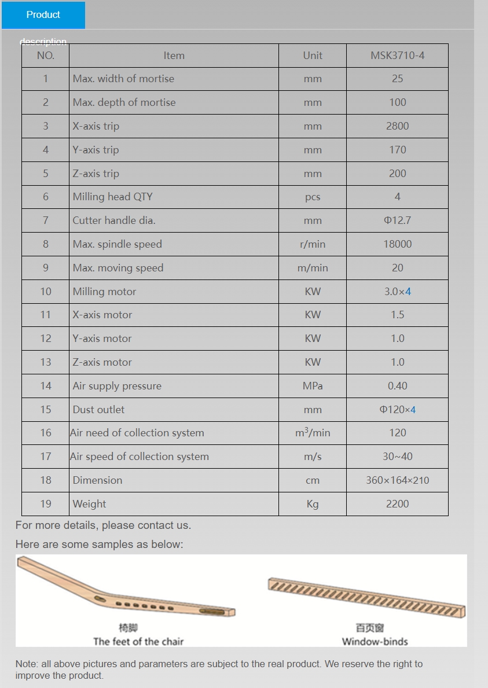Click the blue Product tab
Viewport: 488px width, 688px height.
43,15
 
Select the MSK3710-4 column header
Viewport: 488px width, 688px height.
397,56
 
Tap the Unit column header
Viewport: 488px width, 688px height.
313,56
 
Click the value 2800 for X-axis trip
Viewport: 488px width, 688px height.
397,126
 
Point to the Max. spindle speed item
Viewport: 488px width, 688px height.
117,244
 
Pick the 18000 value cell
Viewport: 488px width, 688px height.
397,244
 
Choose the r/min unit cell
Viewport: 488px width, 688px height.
313,244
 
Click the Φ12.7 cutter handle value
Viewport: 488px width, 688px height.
397,220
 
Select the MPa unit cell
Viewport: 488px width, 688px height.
313,386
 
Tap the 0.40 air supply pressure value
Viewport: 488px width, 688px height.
397,386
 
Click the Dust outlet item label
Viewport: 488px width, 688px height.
98,410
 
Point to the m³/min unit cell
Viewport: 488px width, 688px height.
313,433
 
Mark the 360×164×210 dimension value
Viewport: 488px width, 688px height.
397,480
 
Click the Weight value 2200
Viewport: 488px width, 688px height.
397,504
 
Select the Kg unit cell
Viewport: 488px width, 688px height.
313,504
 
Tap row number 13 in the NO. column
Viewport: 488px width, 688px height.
46,362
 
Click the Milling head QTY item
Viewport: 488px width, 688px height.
112,197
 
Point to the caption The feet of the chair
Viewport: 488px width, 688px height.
138,641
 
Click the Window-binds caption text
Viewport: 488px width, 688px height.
375,641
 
